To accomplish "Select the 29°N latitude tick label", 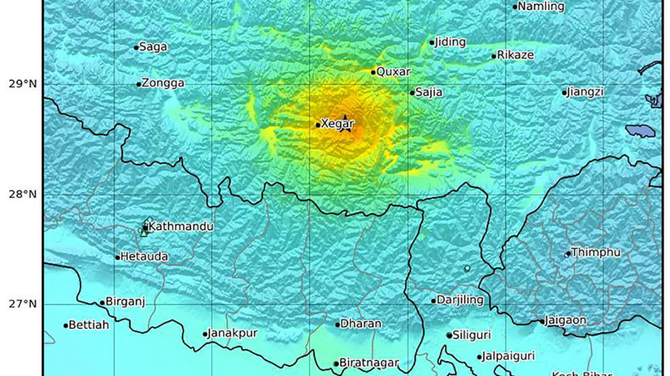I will (22, 84).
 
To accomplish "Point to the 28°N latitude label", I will (22, 194).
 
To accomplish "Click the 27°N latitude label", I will (22, 304).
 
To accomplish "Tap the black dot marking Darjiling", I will (434, 301).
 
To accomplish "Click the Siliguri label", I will (472, 335).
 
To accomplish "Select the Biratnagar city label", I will (369, 363).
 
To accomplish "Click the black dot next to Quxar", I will (373, 72).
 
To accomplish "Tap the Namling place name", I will (542, 6).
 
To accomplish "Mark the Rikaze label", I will (515, 55).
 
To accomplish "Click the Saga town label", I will (153, 47).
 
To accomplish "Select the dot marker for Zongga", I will (139, 84).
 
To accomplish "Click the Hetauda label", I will (144, 257).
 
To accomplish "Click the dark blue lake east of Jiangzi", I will (640, 131).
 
